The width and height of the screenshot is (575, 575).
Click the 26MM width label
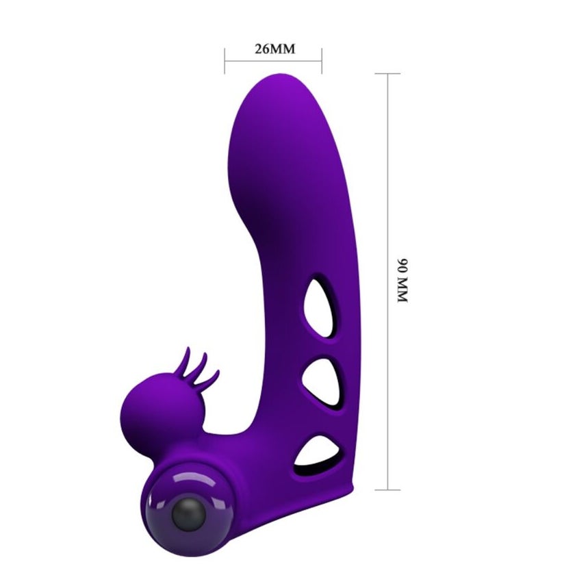pos(274,49)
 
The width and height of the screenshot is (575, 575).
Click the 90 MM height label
pos(402,281)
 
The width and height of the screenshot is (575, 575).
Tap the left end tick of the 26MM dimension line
pos(225,60)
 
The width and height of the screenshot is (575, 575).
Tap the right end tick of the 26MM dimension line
pos(322,60)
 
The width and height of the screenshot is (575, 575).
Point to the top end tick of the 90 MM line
pos(387,74)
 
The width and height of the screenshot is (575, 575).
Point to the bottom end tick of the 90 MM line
pos(387,489)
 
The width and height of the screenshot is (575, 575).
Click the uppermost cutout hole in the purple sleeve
pos(320,307)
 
